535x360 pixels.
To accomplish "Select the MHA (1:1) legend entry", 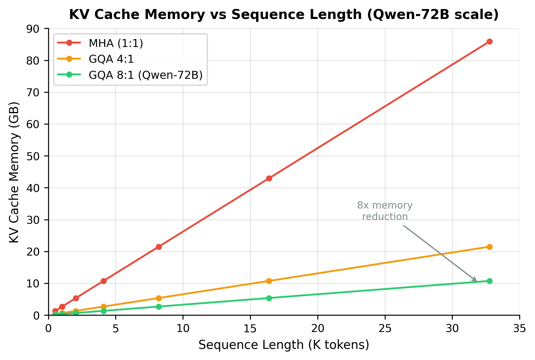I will click(116, 43).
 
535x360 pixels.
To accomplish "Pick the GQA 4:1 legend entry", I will click(111, 59).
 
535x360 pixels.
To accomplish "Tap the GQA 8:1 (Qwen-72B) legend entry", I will click(146, 75).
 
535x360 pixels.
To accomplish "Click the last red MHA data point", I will click(489, 42).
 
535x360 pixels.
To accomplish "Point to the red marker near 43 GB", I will click(269, 178).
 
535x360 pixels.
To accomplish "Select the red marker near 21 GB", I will click(159, 247).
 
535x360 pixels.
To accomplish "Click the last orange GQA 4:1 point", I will click(489, 247).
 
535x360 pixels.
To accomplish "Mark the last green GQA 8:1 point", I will click(489, 281).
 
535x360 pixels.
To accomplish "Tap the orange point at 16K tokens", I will click(269, 281).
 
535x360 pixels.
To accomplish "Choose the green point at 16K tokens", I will click(269, 298).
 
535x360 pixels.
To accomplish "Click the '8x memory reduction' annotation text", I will click(385, 211).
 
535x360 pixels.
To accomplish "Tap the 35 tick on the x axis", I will click(519, 329).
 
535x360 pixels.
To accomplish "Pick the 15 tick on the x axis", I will click(250, 329).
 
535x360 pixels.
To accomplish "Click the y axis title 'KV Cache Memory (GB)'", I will click(14, 172).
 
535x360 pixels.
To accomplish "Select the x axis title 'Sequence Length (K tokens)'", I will click(284, 345).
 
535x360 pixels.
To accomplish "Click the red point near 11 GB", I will click(104, 281).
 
